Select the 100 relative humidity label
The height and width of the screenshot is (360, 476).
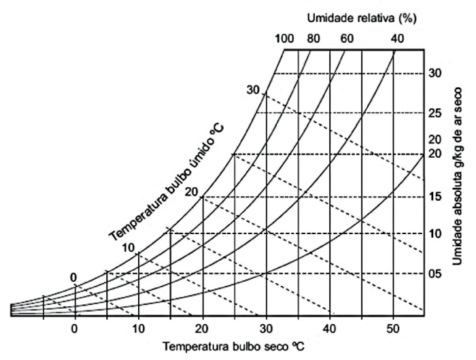284,38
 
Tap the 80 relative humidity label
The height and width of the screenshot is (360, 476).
313,38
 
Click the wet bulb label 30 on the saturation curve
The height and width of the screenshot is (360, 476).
254,90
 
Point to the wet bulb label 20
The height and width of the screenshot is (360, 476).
191,192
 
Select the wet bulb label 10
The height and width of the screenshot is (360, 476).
128,248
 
